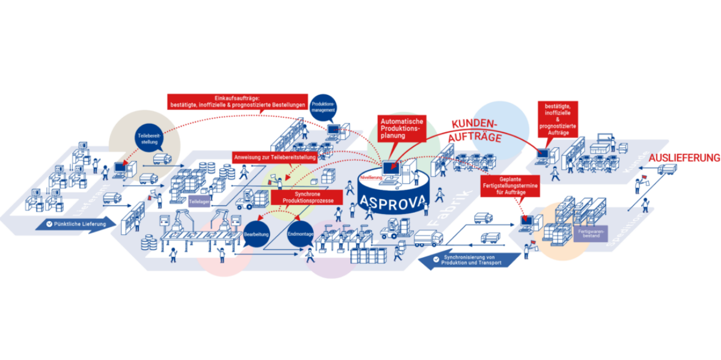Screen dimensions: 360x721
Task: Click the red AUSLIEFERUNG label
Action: (684, 157)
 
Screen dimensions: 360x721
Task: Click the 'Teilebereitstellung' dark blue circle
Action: (148, 139)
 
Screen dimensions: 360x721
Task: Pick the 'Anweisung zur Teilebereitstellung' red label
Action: (274, 157)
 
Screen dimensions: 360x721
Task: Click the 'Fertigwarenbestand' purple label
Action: (589, 233)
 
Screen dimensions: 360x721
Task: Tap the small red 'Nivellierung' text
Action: (371, 177)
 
